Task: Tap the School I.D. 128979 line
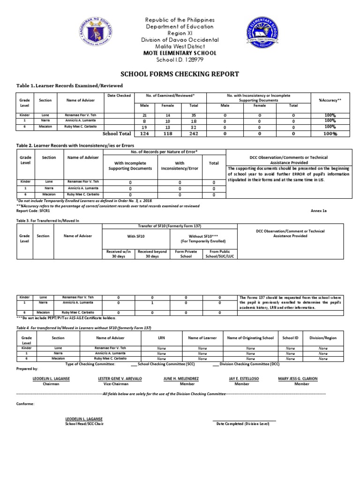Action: tap(180, 60)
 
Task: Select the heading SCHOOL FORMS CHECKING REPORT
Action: tap(180, 74)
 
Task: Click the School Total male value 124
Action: tap(144, 134)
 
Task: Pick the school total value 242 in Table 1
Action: tap(193, 134)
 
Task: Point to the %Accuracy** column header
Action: tap(330, 100)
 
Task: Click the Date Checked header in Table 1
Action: tap(119, 95)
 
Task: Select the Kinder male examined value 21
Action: tap(144, 115)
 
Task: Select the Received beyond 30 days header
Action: tap(152, 254)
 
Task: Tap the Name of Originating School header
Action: tap(250, 337)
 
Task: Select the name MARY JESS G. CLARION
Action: tap(298, 378)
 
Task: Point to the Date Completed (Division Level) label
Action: tap(243, 423)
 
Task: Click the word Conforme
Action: tap(25, 404)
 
